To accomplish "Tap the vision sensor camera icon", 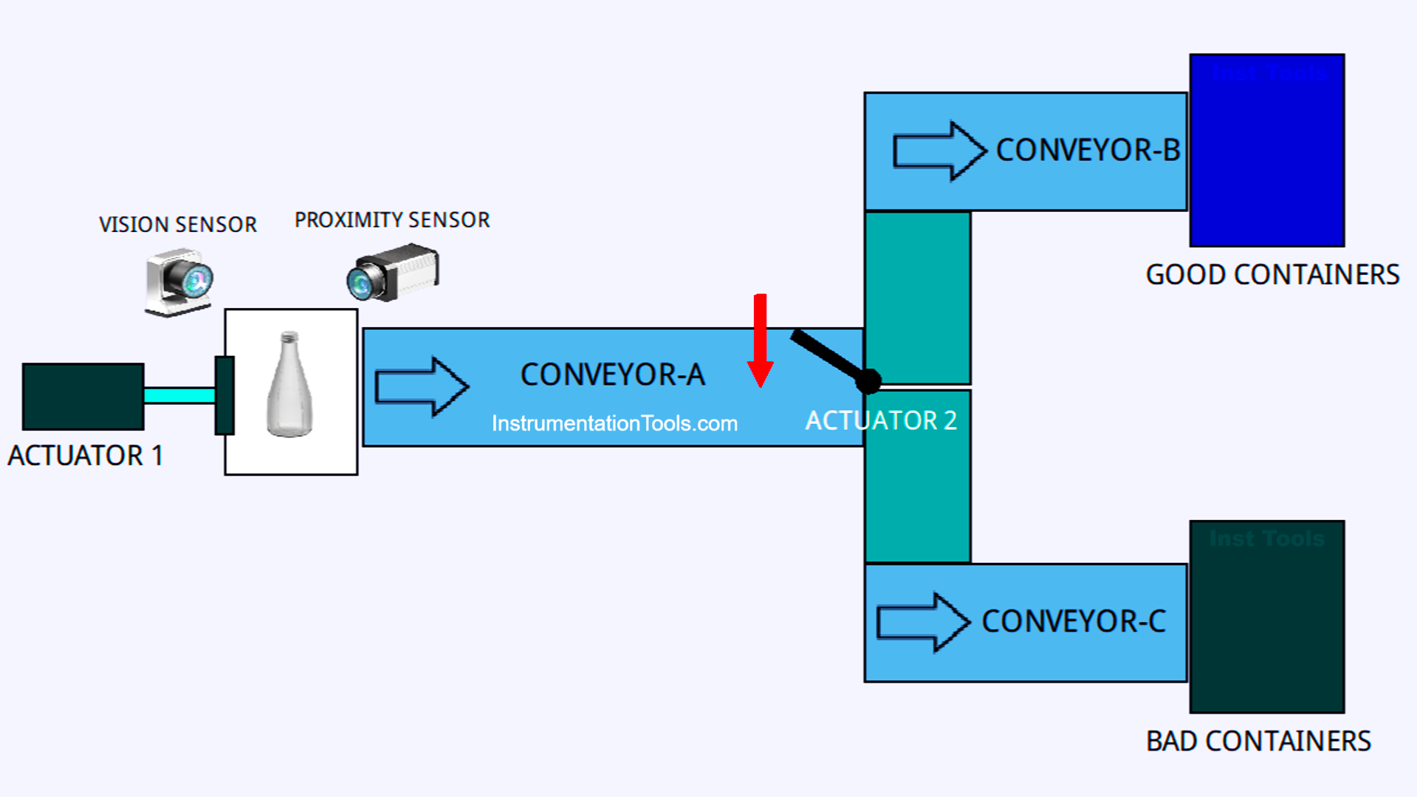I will pos(179,282).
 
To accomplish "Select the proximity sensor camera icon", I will pos(394,273).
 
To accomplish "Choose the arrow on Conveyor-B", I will pos(939,151).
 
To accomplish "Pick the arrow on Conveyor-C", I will pos(922,622).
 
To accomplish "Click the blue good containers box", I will pos(1266,151).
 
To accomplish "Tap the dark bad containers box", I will pos(1266,617).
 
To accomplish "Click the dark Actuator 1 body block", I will pos(83,397).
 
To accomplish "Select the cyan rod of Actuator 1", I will pos(179,396).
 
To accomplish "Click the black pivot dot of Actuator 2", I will pos(869,381).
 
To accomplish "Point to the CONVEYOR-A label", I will pos(612,374).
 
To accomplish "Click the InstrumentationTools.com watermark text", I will pos(614,423).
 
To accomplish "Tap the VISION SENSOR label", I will pos(178,225).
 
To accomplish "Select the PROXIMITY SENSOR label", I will pos(392,220).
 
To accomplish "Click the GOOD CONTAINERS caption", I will pos(1272,275).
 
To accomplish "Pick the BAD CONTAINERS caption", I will pos(1258,741).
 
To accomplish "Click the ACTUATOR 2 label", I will pos(880,421).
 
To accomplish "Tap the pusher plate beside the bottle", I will pos(224,395).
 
